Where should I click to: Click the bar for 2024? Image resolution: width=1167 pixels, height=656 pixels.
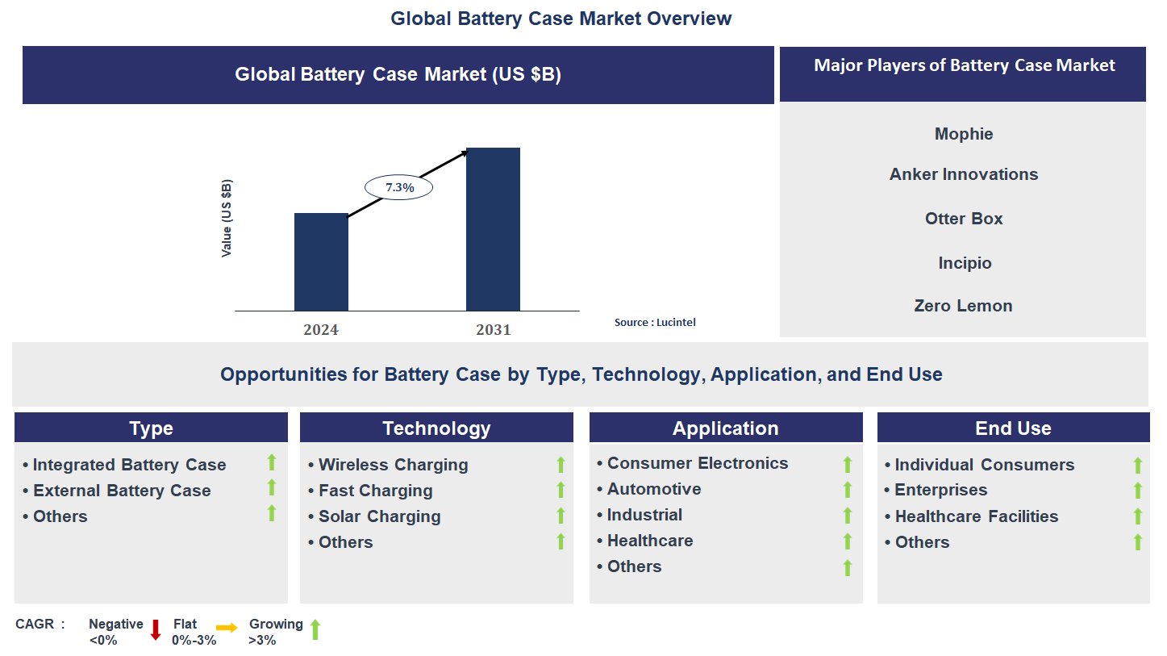[321, 262]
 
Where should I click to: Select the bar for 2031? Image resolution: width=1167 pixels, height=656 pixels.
[493, 229]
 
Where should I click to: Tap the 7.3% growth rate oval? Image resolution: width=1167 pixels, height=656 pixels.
[399, 187]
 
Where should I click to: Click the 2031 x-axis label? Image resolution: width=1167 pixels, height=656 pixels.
[493, 329]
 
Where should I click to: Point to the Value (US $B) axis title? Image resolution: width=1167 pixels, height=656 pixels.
[227, 219]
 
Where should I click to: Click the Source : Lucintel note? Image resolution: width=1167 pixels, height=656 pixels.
[655, 322]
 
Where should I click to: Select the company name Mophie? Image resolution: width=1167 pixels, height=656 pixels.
[964, 134]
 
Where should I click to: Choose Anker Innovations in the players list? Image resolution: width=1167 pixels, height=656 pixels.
[964, 174]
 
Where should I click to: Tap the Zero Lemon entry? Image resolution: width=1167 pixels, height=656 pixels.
[963, 306]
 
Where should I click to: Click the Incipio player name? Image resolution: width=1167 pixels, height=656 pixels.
[965, 263]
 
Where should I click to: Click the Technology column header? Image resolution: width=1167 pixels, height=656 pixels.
[436, 428]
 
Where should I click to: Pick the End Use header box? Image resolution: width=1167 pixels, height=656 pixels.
[1013, 428]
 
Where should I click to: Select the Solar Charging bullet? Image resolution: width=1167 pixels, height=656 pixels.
[379, 516]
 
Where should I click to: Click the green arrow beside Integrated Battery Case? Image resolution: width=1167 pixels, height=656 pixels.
[272, 462]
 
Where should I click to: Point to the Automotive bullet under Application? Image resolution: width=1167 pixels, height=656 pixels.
[653, 489]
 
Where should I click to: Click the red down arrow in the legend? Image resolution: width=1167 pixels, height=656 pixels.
[156, 630]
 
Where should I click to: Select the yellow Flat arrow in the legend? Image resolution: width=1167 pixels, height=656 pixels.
[227, 628]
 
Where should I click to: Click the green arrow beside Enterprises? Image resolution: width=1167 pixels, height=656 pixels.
[1138, 491]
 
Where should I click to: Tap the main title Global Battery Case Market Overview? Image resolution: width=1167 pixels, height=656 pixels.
[561, 18]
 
